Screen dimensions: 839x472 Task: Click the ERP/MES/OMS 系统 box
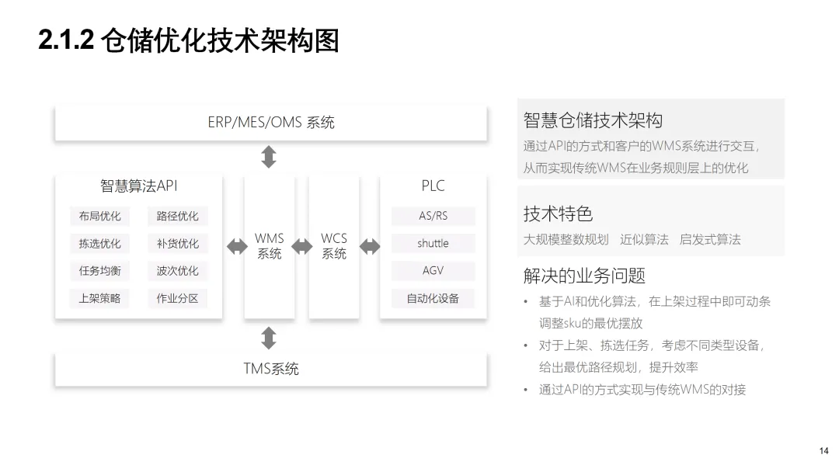270,123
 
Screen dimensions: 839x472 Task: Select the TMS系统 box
270,369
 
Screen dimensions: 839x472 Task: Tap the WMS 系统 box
270,246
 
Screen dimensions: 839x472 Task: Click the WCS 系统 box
334,246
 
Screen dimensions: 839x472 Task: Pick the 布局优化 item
99,217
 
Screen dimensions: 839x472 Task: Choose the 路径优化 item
177,217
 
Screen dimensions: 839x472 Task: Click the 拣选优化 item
99,244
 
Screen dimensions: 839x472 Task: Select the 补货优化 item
177,244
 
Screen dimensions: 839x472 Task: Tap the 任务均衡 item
99,271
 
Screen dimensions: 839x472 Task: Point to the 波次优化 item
177,271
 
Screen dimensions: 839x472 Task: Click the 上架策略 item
99,298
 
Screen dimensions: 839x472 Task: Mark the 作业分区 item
177,298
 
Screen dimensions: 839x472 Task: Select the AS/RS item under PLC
433,216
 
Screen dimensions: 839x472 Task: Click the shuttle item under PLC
433,244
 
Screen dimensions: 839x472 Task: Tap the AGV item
433,271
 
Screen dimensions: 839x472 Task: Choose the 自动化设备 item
433,298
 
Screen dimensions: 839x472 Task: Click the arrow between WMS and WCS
301,247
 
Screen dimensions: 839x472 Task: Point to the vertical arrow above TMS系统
269,338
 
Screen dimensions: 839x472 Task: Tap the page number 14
823,451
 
